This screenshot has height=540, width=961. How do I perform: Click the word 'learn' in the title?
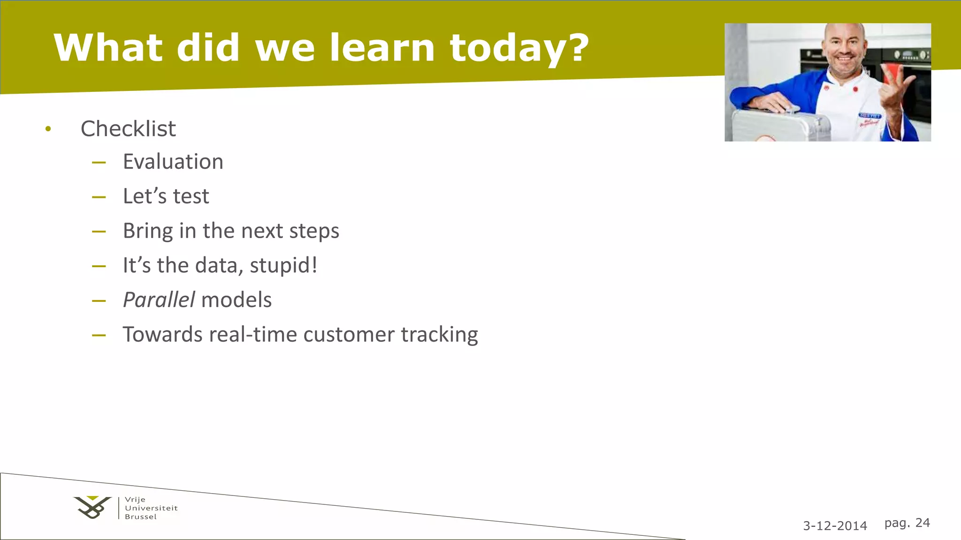(x=382, y=48)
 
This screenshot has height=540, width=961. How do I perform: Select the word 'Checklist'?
(x=128, y=128)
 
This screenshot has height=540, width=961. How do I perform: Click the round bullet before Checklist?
(x=48, y=129)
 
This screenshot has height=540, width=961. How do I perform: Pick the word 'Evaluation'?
(x=173, y=162)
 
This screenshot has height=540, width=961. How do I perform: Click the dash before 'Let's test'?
(x=99, y=197)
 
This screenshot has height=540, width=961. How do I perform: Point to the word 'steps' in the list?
(x=314, y=231)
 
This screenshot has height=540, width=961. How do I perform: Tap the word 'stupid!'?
(x=283, y=265)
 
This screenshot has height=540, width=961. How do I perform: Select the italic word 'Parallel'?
(x=159, y=300)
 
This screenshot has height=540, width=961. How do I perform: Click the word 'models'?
(x=236, y=300)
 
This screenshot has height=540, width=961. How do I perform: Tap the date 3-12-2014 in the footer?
(x=835, y=525)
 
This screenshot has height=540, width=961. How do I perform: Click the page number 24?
(x=923, y=523)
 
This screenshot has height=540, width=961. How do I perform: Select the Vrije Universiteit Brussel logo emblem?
(x=92, y=507)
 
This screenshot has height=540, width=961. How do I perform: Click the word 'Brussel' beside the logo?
(x=141, y=517)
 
